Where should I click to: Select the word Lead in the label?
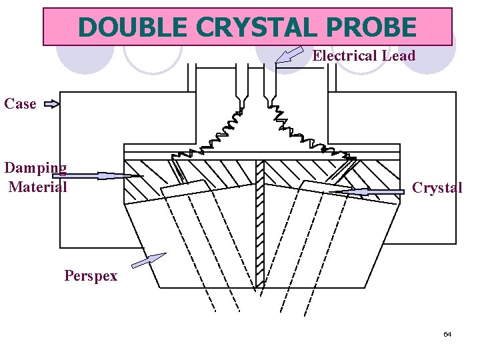(398, 56)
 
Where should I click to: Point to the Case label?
(20, 104)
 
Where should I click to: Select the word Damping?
(36, 168)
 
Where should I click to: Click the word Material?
(38, 187)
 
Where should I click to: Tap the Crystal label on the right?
(437, 188)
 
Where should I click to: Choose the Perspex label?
(91, 276)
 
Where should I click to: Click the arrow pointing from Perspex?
(148, 260)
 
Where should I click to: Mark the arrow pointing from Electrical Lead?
(289, 55)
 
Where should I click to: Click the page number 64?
(447, 334)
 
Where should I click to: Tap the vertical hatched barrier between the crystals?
(260, 220)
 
